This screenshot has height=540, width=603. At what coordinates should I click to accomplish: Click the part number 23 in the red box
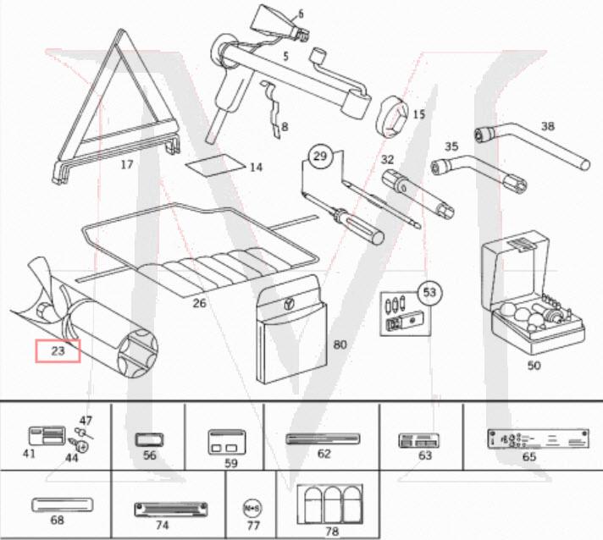click(x=57, y=349)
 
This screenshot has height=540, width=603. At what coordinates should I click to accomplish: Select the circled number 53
click(x=430, y=293)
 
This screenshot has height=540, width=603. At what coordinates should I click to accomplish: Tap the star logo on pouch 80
click(x=290, y=303)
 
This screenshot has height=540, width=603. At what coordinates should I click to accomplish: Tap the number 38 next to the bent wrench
click(x=548, y=127)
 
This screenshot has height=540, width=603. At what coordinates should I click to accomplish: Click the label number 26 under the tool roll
click(x=200, y=303)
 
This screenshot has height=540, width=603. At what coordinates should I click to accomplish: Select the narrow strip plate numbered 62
click(x=323, y=438)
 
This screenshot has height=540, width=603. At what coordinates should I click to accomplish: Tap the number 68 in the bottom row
click(x=57, y=521)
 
